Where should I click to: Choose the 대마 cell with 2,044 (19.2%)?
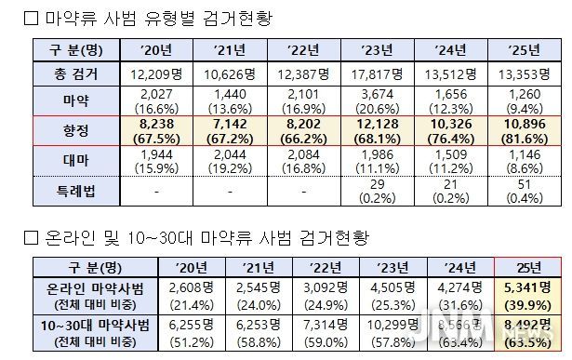click(231, 161)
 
